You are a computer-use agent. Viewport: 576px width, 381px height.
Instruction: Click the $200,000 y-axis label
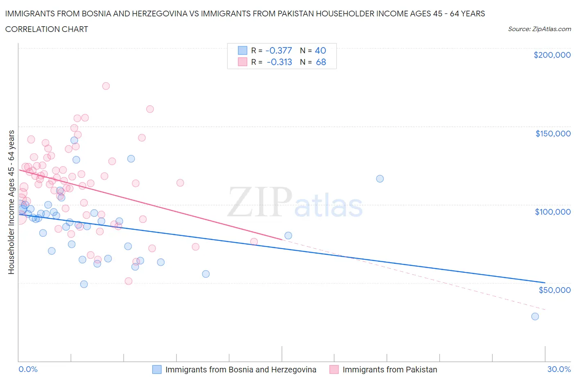[x=552, y=55]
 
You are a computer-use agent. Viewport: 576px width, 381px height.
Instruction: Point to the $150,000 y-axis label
[x=553, y=134]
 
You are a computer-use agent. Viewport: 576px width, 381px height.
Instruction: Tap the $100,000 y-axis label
[x=553, y=212]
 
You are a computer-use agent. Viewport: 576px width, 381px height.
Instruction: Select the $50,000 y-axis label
[x=554, y=290]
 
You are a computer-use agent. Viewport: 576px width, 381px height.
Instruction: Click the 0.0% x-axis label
[x=28, y=369]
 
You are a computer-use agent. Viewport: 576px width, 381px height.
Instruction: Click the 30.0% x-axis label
[x=559, y=369]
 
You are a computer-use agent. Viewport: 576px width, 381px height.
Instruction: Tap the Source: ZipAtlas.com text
[x=539, y=29]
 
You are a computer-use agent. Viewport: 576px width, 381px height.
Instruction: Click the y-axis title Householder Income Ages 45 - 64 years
[x=11, y=202]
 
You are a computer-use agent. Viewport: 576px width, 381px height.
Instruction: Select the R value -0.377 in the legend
[x=279, y=50]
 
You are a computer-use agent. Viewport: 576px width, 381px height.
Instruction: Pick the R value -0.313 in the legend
[x=279, y=62]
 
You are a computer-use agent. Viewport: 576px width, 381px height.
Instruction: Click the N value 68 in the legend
[x=321, y=62]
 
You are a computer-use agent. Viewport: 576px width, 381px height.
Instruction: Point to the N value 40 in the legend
[x=320, y=50]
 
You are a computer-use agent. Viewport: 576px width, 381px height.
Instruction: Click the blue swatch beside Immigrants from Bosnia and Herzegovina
[x=157, y=370]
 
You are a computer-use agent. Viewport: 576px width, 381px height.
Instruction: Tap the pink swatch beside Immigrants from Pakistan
[x=334, y=370]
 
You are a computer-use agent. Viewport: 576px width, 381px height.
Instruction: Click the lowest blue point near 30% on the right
[x=535, y=316]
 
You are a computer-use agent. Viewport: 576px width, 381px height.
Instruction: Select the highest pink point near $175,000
[x=106, y=86]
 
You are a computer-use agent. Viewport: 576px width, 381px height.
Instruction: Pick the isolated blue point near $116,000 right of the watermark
[x=380, y=179]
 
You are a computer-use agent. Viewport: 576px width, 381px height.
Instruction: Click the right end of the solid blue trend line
[x=545, y=282]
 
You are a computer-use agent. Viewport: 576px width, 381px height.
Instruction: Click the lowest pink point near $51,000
[x=128, y=281]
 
